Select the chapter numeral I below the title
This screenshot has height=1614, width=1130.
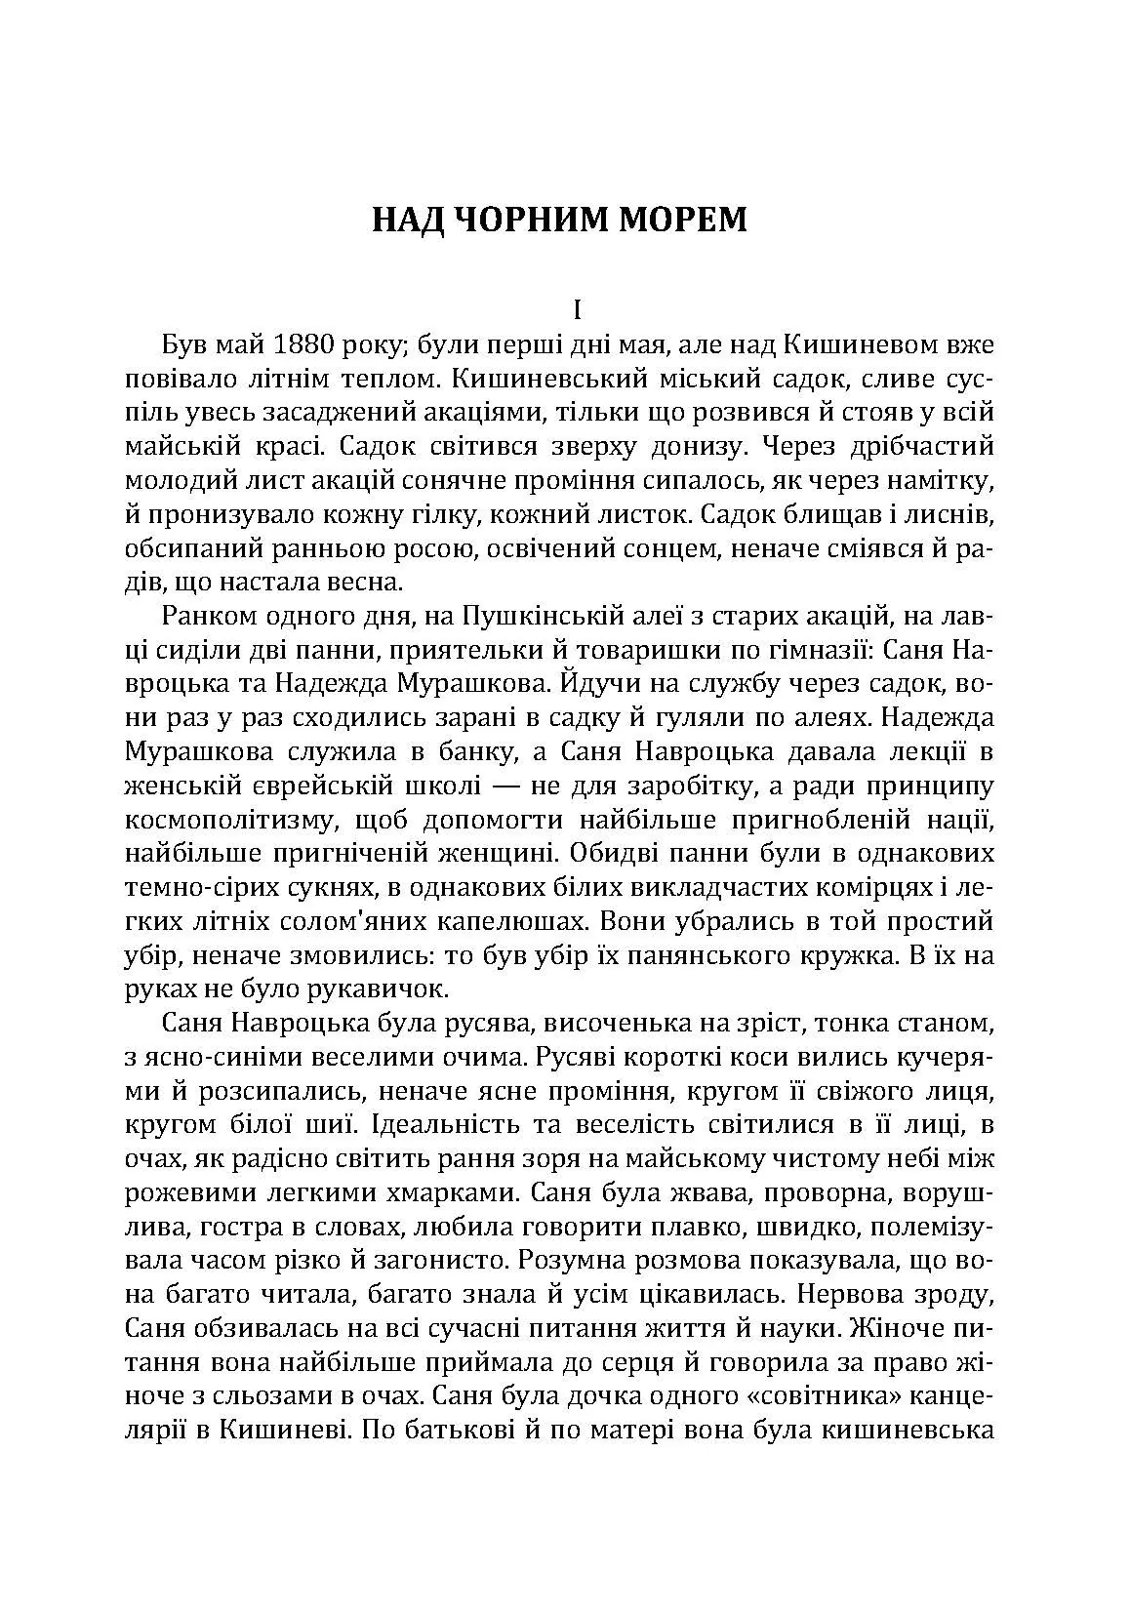(577, 311)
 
